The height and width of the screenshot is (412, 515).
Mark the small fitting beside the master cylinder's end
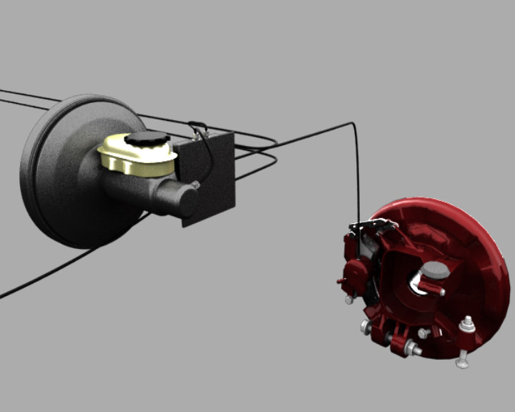pyautogui.click(x=195, y=185)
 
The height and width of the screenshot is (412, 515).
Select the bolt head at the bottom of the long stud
pyautogui.click(x=462, y=363)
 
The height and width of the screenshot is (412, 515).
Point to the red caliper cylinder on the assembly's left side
pyautogui.click(x=355, y=272)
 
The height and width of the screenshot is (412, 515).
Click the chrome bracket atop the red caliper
pyautogui.click(x=372, y=227)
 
